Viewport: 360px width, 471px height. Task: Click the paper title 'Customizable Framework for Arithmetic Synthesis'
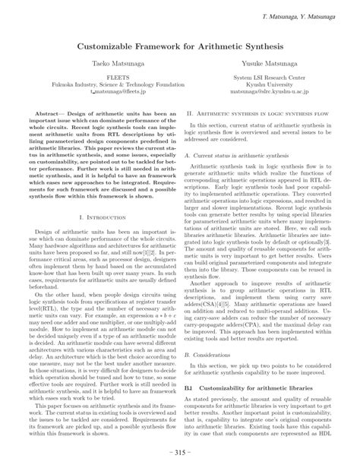click(179, 48)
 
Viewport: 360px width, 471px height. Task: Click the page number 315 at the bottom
click(180, 454)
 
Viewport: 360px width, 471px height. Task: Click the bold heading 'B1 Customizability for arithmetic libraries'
click(244, 387)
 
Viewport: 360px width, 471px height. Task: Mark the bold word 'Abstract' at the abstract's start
click(41, 113)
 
